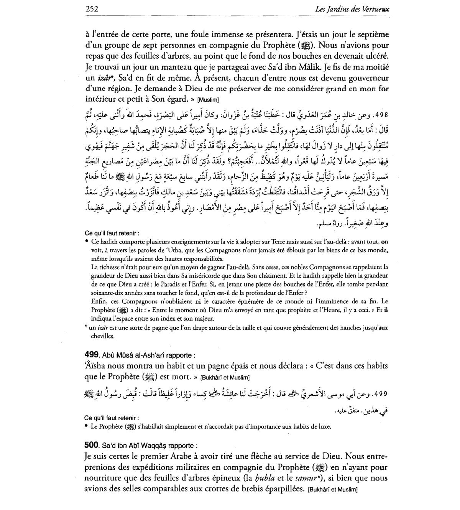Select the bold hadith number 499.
pos(92,355)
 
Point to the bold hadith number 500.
pos(92,446)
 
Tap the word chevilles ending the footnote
pos(103,336)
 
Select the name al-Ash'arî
pos(146,355)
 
